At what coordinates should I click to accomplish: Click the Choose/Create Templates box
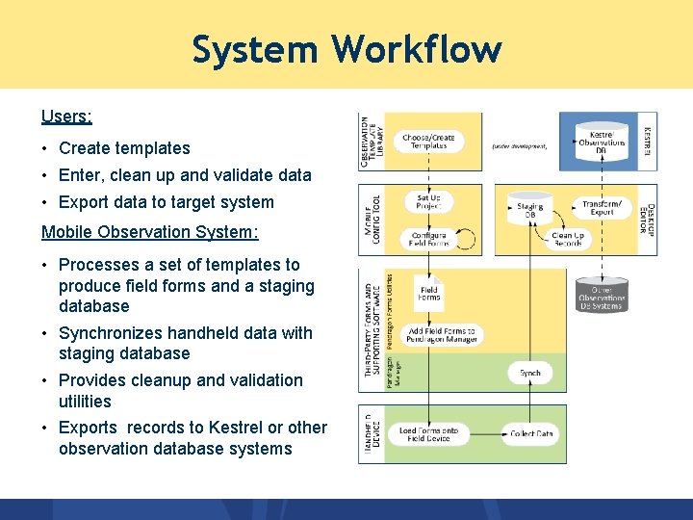coord(429,142)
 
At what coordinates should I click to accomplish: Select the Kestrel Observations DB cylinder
coord(602,143)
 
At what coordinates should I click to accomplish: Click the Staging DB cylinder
coord(529,208)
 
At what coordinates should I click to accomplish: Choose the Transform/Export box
coord(603,207)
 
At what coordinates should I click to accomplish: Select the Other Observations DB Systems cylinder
coord(602,294)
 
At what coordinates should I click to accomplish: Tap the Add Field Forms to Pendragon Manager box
coord(441,335)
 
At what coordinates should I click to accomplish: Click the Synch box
coord(529,373)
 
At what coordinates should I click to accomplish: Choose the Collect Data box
coord(531,433)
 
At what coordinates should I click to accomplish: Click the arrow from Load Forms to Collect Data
coord(485,433)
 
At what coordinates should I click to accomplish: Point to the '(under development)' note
coord(519,146)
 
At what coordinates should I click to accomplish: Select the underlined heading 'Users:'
coord(66,117)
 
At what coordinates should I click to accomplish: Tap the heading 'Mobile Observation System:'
coord(149,232)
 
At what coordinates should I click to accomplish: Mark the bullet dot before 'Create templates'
coord(46,149)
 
